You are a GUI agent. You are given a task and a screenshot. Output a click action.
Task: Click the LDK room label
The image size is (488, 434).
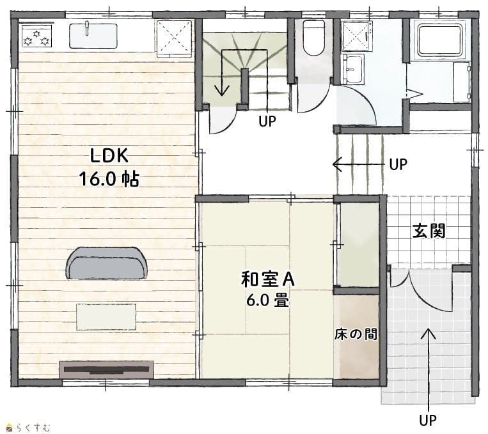point(109,155)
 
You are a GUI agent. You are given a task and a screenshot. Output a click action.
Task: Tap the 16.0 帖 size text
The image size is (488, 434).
point(109,178)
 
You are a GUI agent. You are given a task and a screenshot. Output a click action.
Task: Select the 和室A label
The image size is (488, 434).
point(268,279)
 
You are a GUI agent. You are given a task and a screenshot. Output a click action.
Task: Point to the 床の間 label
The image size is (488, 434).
point(356,334)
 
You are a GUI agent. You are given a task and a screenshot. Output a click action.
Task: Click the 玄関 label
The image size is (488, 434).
point(429,231)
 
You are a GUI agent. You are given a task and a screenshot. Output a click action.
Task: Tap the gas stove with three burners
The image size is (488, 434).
point(36,36)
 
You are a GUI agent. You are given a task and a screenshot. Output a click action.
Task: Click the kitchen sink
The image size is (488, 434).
point(93,35)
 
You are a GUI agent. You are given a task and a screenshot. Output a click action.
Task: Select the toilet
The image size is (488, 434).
point(313,38)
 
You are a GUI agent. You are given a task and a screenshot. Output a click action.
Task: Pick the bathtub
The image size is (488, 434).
point(440,41)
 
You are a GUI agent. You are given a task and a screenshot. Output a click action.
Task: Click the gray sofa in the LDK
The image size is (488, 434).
point(106,263)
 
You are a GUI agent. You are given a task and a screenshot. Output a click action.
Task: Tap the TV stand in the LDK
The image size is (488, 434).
point(106,369)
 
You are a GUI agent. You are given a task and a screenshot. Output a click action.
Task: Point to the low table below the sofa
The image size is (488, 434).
point(106,316)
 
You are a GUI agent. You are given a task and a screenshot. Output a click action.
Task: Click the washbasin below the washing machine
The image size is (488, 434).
point(352,69)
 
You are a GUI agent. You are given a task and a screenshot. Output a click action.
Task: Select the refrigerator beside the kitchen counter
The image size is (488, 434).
point(174,38)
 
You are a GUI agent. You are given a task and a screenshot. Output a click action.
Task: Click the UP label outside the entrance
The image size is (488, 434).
point(428,421)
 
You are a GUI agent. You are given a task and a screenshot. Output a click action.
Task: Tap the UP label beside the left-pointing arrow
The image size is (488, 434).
point(398,164)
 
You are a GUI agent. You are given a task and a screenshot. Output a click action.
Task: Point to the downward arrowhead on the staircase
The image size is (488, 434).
point(222,91)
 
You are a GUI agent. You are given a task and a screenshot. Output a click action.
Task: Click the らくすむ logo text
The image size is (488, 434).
point(33,428)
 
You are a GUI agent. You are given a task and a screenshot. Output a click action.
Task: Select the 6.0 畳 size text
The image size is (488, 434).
point(268,300)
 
